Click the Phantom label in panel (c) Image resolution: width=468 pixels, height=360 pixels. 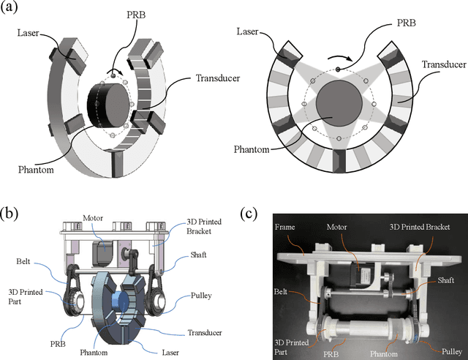(x=387, y=352)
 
